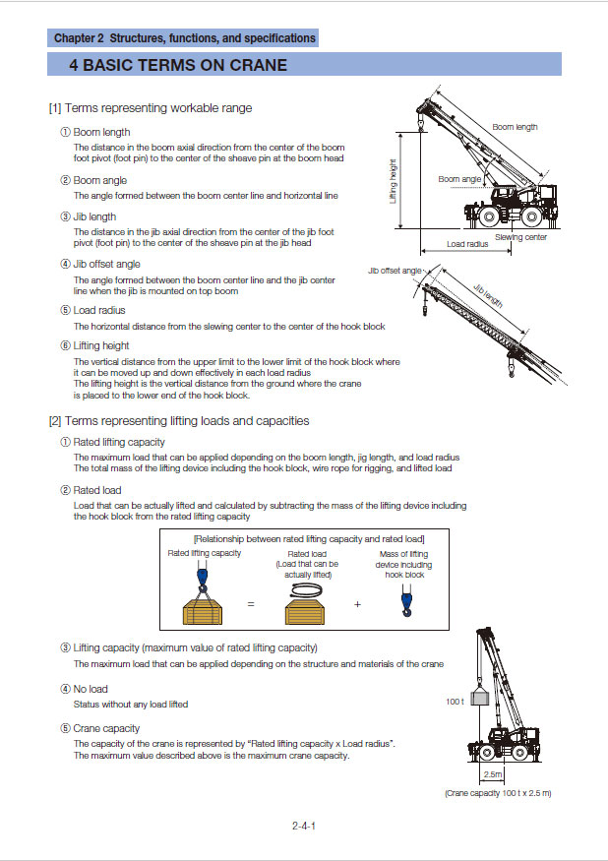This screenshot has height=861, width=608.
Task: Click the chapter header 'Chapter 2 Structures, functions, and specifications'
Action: tap(185, 38)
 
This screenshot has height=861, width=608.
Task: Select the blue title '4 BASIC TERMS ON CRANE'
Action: tap(178, 66)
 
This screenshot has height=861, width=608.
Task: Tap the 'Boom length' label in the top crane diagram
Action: tap(515, 127)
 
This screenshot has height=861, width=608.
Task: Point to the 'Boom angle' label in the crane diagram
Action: tap(459, 179)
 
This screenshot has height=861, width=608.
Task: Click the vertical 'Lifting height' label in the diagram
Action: tap(394, 183)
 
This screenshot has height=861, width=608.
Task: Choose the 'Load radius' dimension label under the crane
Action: tap(466, 243)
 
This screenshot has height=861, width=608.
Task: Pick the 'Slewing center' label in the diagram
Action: tap(520, 237)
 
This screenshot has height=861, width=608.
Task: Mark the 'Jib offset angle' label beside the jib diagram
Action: tap(395, 270)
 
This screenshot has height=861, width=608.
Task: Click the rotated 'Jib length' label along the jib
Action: tap(487, 296)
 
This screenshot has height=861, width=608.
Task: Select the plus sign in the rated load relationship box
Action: tap(357, 604)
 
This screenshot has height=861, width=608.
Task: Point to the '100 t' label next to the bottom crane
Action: tap(455, 702)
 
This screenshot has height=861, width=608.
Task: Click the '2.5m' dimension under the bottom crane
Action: tap(493, 775)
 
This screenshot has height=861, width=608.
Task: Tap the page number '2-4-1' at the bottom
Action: tap(303, 826)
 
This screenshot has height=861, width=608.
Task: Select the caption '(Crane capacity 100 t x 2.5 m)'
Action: tap(498, 792)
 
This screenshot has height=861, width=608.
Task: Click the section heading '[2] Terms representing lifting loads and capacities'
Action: tap(179, 420)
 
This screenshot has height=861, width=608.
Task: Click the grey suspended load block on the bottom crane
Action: tap(481, 700)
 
